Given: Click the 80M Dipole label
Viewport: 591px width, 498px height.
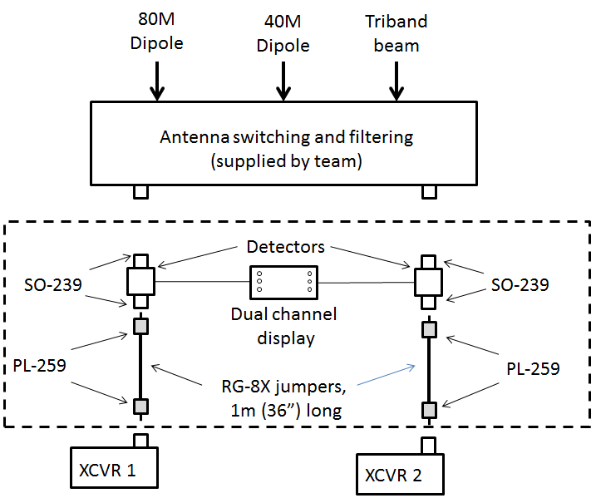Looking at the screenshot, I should (155, 32).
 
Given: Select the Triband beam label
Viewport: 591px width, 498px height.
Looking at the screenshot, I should (396, 32).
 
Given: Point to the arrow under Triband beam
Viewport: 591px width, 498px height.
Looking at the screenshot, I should (396, 81).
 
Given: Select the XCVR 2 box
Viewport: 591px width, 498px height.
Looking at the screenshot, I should (400, 474).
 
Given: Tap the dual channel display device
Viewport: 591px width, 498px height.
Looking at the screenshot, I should (284, 283).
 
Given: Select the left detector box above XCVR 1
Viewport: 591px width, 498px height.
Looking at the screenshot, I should (141, 282).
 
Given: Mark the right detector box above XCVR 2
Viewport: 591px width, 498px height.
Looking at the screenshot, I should (428, 282).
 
